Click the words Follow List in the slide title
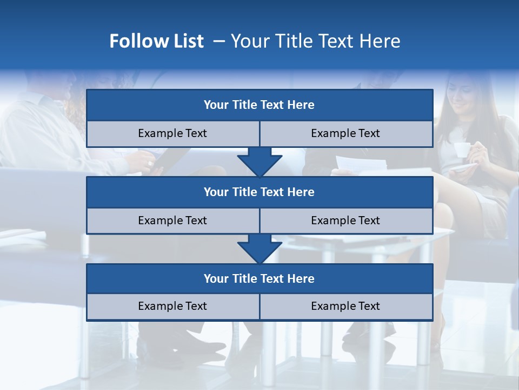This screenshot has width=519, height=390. click(x=157, y=41)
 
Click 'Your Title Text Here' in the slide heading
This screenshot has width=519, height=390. click(x=315, y=41)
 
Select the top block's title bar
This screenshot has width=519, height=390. click(x=259, y=105)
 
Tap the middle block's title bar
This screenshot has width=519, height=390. click(x=259, y=192)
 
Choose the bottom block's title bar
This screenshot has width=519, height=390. click(x=259, y=278)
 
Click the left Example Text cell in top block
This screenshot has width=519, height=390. click(x=172, y=133)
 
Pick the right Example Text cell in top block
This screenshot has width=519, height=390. click(x=345, y=133)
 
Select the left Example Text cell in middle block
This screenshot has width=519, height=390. click(x=172, y=220)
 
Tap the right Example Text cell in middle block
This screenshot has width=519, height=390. click(x=345, y=220)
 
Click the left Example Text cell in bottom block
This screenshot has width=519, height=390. click(x=172, y=306)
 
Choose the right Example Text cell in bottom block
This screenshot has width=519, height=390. click(x=345, y=306)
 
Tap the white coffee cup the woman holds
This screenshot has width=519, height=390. click(x=461, y=150)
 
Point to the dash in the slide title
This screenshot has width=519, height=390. click(x=219, y=41)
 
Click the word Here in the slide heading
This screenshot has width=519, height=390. click(x=382, y=41)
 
